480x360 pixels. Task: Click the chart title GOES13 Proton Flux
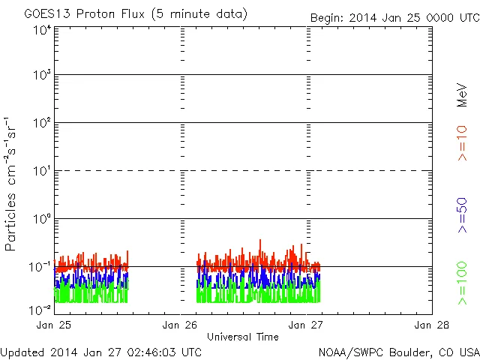136,14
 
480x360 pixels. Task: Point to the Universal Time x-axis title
243,337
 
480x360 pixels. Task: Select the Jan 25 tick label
54,325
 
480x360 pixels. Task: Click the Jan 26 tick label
180,325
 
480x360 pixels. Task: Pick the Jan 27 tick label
306,325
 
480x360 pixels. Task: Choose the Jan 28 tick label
431,325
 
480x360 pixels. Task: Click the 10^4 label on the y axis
40,29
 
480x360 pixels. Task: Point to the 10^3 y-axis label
40,75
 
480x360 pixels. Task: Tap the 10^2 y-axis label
40,122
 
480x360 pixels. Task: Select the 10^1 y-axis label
40,170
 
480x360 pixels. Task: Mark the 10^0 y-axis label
40,218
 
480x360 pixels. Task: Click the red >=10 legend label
463,143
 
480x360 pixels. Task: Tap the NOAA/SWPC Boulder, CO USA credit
398,352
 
